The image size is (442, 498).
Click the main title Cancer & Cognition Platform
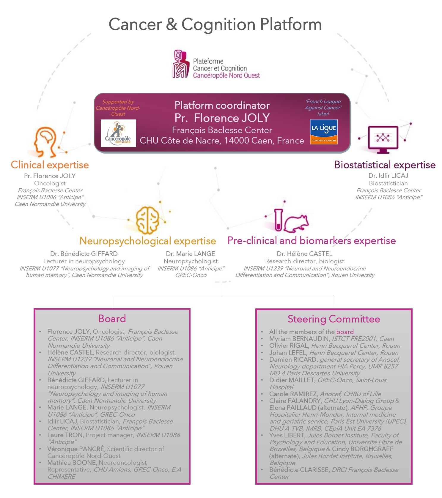pyautogui.click(x=215, y=24)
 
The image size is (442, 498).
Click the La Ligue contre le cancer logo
pyautogui.click(x=324, y=132)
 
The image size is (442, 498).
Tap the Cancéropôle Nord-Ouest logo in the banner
pyautogui.click(x=118, y=133)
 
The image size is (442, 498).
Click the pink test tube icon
pyautogui.click(x=278, y=220)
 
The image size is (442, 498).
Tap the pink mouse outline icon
pyautogui.click(x=296, y=223)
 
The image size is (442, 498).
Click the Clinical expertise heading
pyautogui.click(x=50, y=165)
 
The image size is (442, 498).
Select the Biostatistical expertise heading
pyautogui.click(x=385, y=165)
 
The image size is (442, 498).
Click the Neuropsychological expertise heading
pyautogui.click(x=148, y=241)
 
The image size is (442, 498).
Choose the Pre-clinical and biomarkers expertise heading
pyautogui.click(x=312, y=241)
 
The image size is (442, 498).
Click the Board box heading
pyautogui.click(x=112, y=319)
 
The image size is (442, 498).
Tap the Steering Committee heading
pyautogui.click(x=334, y=319)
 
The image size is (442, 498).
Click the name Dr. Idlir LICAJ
pyautogui.click(x=388, y=176)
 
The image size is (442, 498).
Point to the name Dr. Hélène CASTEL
pyautogui.click(x=305, y=254)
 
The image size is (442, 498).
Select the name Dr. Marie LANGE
pyautogui.click(x=191, y=254)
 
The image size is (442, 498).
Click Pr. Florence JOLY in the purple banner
pyautogui.click(x=222, y=118)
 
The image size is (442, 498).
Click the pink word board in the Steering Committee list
pyautogui.click(x=345, y=332)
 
